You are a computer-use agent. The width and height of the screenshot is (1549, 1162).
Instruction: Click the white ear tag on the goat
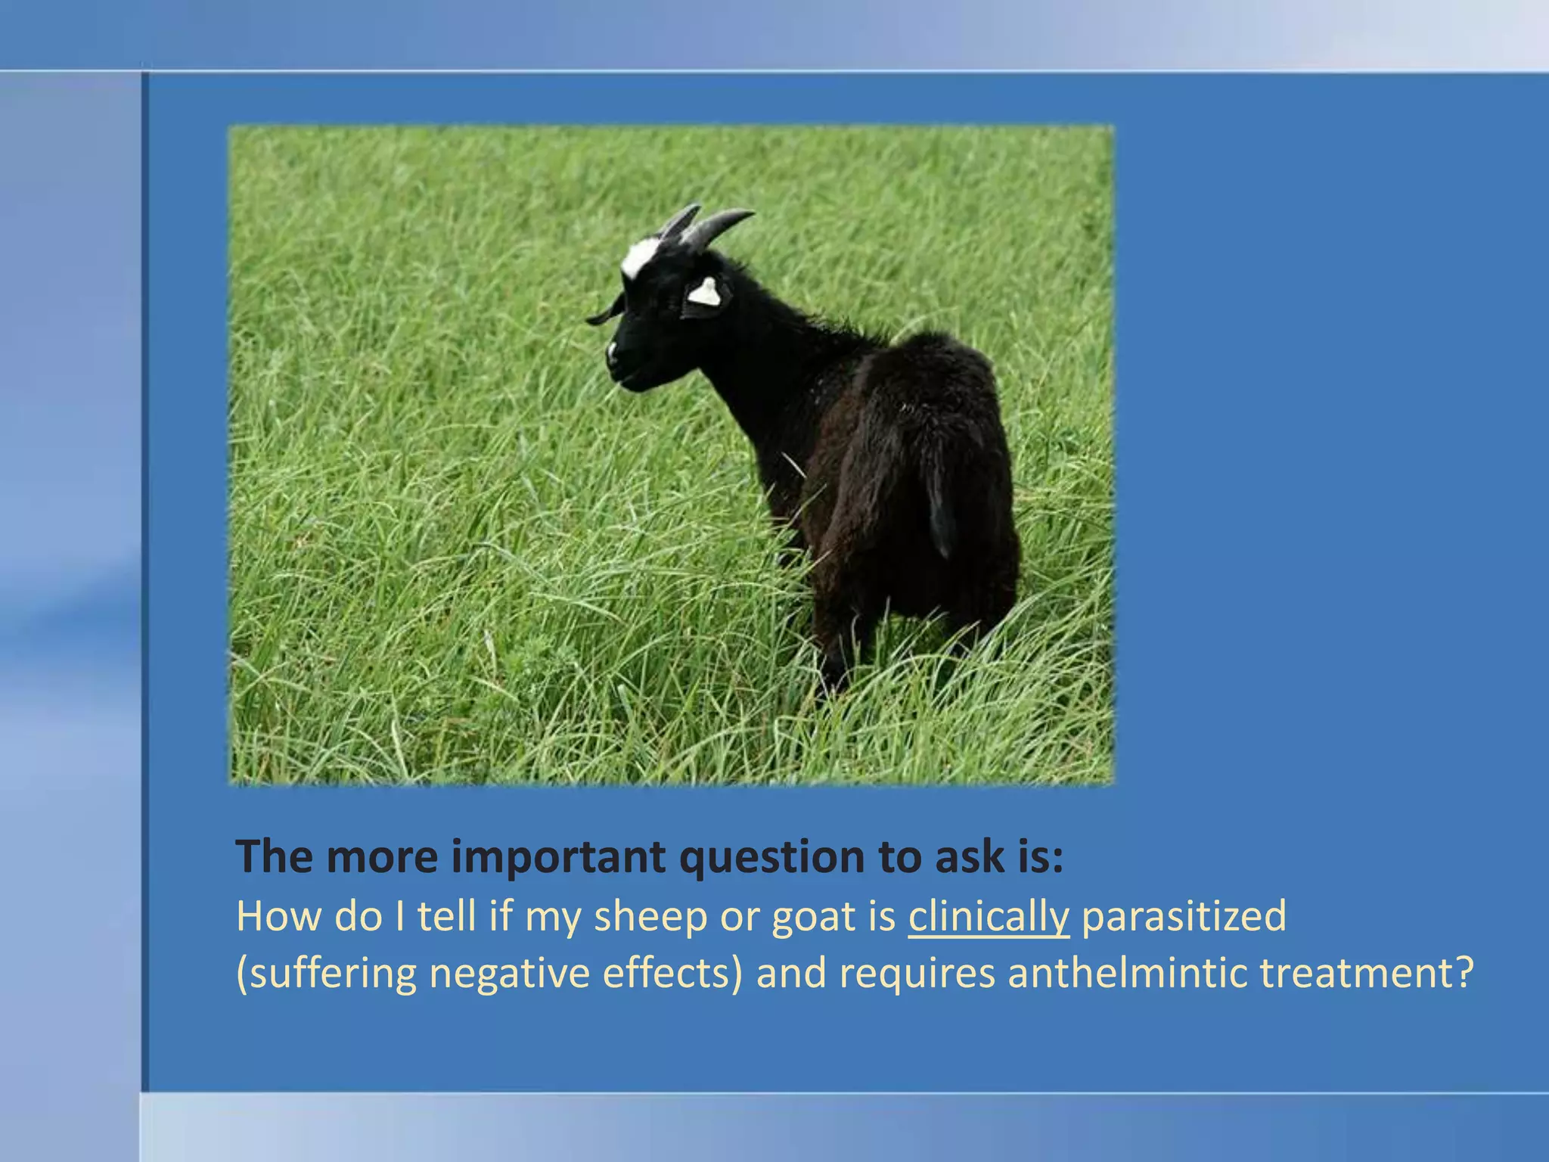point(704,292)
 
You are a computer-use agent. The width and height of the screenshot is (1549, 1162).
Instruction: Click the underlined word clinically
point(989,917)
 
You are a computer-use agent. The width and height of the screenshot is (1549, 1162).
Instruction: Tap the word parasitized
point(1184,917)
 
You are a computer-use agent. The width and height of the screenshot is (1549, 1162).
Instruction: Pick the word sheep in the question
point(650,917)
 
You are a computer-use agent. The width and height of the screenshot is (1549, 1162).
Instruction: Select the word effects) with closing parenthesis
point(672,974)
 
